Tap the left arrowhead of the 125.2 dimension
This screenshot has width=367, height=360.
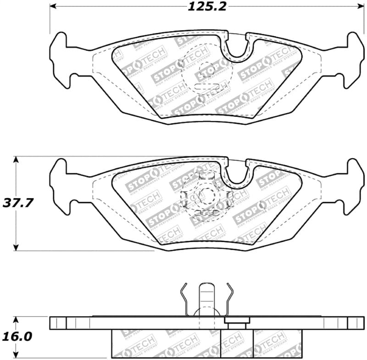(53, 6)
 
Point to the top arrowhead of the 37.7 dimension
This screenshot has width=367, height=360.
(17, 160)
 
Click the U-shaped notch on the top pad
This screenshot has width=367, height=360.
(237, 48)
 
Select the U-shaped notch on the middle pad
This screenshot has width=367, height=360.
(237, 174)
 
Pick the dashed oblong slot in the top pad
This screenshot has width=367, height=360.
(206, 87)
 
